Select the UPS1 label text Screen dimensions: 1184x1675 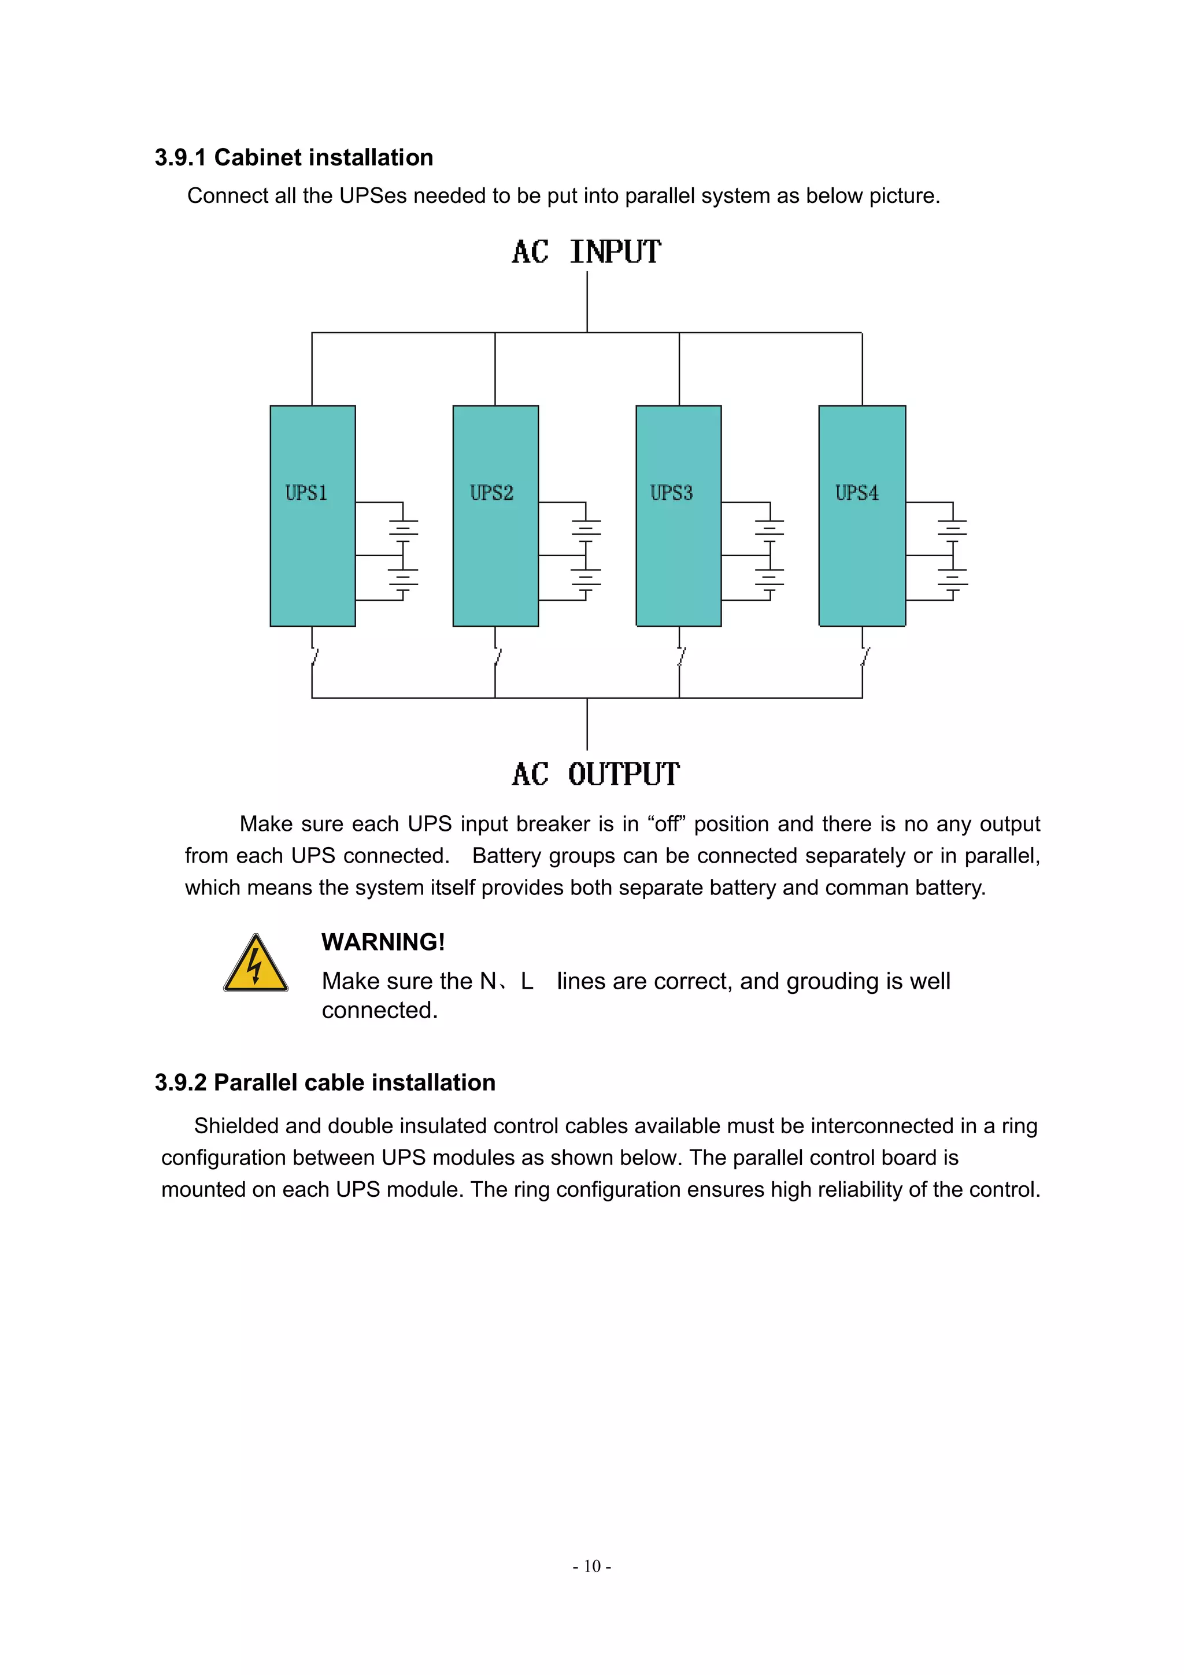306,493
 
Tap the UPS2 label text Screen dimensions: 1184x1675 491,493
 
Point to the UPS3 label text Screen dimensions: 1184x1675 671,493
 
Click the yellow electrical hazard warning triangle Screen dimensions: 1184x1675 256,964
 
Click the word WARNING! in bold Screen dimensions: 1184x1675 383,942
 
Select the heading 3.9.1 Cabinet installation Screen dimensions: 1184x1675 294,158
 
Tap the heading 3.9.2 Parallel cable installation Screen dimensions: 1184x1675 325,1082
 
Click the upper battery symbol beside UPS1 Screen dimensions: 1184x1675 404,530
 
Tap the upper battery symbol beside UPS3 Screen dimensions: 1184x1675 769,530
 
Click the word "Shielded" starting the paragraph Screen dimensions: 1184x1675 236,1126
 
